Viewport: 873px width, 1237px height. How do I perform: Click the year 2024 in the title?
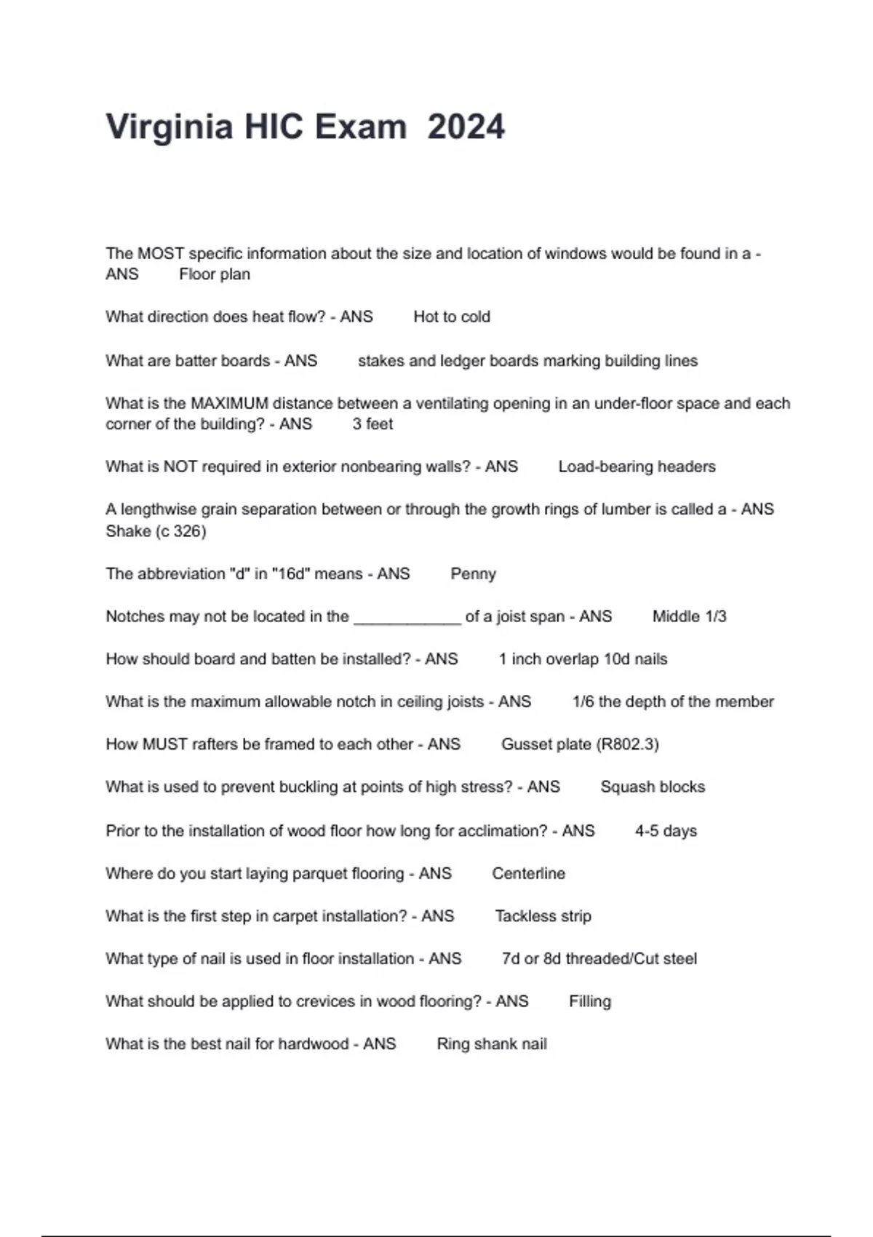[x=466, y=127]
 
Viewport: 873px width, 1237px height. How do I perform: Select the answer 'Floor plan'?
[x=215, y=274]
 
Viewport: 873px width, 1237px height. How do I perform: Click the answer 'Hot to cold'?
[x=452, y=317]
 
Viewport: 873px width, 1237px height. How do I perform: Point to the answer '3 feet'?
[x=372, y=424]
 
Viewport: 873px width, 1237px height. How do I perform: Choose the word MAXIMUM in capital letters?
[x=229, y=403]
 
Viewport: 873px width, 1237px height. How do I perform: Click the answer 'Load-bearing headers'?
[x=637, y=466]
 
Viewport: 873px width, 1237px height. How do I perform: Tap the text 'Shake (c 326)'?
[x=156, y=531]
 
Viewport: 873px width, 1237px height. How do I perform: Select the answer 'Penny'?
[x=473, y=573]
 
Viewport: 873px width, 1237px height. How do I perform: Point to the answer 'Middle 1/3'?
[x=689, y=616]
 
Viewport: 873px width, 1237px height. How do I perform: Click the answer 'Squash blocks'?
[x=653, y=787]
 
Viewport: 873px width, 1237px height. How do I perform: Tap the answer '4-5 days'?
[x=666, y=831]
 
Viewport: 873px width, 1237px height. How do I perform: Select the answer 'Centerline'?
[x=528, y=873]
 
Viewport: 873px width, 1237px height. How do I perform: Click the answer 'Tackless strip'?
[x=543, y=916]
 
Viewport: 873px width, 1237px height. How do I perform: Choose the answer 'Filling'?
[x=590, y=1001]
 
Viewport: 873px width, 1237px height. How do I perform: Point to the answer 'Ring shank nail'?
[x=492, y=1044]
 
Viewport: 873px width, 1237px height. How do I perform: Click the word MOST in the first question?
[x=161, y=254]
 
